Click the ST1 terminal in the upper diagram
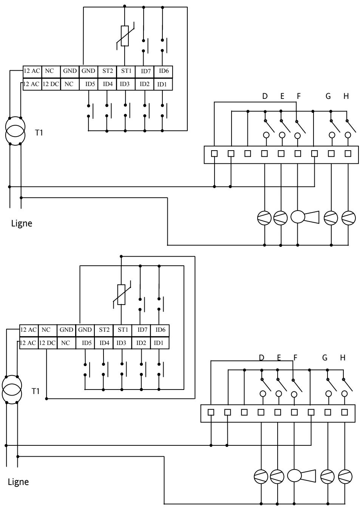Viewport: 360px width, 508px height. pos(126,71)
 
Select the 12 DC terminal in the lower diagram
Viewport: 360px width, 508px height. pos(47,343)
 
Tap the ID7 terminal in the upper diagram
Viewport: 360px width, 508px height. pos(145,71)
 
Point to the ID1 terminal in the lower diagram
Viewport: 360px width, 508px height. pos(159,343)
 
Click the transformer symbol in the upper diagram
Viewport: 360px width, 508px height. pos(15,129)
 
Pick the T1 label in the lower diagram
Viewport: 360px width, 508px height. pos(36,391)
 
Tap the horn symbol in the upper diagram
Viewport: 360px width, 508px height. pos(305,217)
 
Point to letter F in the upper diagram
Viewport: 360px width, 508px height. pos(298,96)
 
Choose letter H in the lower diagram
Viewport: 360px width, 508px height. pos(343,357)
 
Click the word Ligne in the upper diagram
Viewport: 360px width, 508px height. pos(22,223)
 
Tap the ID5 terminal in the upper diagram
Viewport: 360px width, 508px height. pos(89,84)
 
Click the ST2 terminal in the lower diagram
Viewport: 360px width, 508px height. pos(104,329)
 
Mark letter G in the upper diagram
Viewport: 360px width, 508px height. pos(328,96)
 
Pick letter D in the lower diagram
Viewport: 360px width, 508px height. pos(261,357)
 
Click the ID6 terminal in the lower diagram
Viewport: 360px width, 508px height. pos(160,329)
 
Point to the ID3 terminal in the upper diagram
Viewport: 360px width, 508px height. pos(125,84)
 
